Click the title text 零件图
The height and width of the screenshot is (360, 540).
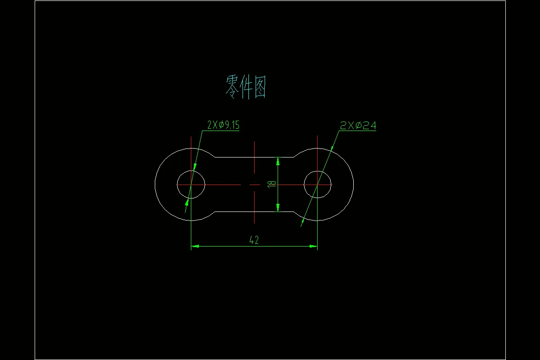(246, 87)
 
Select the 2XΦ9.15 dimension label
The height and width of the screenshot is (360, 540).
(223, 125)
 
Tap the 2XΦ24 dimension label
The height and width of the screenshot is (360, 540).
(358, 126)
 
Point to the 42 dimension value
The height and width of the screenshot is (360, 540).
(254, 240)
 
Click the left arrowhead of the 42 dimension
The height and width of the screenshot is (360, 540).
(195, 246)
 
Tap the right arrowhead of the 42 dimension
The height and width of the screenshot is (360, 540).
(314, 246)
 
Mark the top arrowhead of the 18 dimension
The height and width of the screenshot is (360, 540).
(278, 160)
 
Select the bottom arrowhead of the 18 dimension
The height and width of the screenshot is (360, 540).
(278, 208)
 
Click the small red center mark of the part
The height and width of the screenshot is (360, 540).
(255, 184)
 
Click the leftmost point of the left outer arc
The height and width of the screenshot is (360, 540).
(155, 184)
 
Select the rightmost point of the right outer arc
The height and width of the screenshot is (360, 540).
(354, 184)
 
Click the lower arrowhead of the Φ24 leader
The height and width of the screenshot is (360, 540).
(302, 221)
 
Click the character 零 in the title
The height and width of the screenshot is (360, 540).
(232, 87)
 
